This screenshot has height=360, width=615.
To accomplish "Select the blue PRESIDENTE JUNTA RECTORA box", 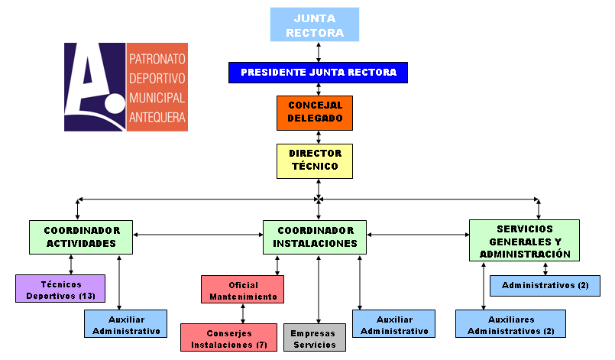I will coord(318,73).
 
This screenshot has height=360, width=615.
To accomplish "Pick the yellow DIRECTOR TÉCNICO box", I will coord(315,161).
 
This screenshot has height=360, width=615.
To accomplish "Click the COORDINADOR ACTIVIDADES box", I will coord(81,237).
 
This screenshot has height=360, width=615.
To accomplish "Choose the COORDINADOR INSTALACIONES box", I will coord(315,237).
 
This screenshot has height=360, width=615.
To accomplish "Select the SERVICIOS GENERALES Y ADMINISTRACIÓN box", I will coord(523,241).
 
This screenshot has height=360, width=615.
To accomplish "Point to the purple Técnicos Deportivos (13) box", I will coord(60,289).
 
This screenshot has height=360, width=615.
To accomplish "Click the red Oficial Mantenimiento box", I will coord(243,289).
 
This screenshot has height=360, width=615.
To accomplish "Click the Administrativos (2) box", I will coord(545,286).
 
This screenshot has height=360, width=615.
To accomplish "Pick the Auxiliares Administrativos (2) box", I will coord(510,324).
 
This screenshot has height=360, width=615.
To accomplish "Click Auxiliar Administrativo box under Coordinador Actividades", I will coord(126,324).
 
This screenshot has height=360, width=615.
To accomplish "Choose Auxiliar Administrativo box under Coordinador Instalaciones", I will coord(393,324).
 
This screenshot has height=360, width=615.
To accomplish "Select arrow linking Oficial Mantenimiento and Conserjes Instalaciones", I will coord(243,313).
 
